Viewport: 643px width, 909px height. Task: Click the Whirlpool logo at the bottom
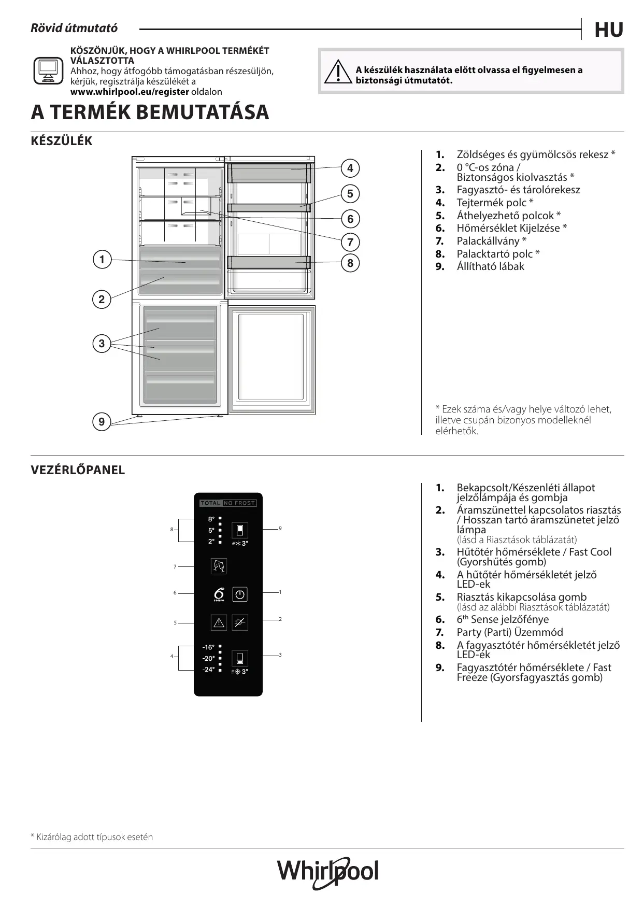point(327,872)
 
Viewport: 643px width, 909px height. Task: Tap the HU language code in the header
point(609,31)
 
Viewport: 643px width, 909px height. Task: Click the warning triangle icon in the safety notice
point(337,73)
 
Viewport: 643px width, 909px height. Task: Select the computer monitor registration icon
point(48,71)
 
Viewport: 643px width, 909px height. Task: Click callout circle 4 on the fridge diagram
point(350,168)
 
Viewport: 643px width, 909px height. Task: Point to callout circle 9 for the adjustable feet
point(102,422)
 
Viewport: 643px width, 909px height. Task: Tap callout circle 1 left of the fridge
point(102,260)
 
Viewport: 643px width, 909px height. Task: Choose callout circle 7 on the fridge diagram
point(350,242)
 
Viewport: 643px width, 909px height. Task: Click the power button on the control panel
point(239,594)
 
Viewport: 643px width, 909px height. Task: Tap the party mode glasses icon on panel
point(219,566)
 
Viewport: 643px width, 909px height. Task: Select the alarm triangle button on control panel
point(219,622)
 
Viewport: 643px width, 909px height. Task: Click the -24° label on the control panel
point(208,670)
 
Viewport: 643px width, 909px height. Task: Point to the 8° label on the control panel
point(211,519)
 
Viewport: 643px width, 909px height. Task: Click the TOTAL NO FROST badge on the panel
point(228,503)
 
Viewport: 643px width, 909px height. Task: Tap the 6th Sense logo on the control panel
point(219,594)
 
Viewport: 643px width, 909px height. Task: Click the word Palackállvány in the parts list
point(488,241)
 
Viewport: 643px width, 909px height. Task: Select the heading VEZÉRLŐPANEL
point(78,470)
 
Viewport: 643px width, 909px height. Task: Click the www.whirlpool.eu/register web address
point(130,92)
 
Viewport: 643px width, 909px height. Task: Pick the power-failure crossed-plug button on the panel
point(239,622)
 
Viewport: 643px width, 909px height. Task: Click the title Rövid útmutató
point(74,29)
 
